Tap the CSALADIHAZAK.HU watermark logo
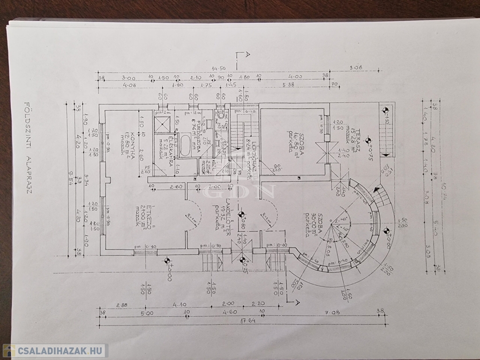(x=55, y=351)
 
